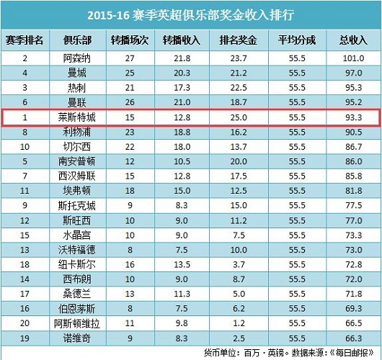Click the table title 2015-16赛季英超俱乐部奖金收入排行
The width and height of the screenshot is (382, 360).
tap(191, 15)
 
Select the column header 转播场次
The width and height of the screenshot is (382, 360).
tap(130, 40)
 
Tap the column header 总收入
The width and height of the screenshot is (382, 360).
tap(353, 40)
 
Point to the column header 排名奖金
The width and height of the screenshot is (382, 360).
tap(239, 40)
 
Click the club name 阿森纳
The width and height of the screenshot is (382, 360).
tap(77, 58)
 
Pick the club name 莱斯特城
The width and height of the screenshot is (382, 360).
tap(77, 117)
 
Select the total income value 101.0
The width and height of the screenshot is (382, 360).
tap(353, 58)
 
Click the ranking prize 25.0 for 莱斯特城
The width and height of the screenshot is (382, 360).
tap(239, 117)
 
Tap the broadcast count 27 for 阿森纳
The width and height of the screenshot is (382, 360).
tap(130, 58)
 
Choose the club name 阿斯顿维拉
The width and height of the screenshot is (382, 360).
tap(77, 323)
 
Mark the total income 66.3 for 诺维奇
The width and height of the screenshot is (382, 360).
tap(353, 338)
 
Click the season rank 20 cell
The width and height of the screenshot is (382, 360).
tap(25, 323)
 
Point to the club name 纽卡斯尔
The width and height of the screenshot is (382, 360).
tap(77, 264)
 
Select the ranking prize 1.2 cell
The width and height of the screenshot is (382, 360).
tap(239, 323)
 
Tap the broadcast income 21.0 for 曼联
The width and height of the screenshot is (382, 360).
tap(182, 102)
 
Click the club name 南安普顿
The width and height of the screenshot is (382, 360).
tap(77, 161)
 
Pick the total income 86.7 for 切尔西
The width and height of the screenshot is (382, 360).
tap(353, 147)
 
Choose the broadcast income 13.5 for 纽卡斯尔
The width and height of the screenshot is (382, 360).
tap(182, 264)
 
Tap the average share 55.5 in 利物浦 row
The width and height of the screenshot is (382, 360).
tap(297, 132)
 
